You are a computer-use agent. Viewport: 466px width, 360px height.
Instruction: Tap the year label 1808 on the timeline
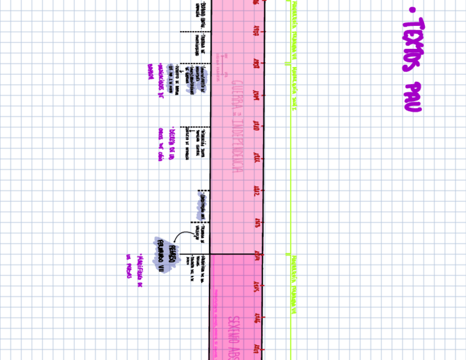pos(256,64)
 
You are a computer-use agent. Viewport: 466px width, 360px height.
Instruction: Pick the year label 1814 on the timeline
pos(256,254)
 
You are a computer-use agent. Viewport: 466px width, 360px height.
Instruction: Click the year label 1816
pos(256,318)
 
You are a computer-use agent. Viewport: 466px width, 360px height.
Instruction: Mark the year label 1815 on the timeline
pos(256,287)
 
